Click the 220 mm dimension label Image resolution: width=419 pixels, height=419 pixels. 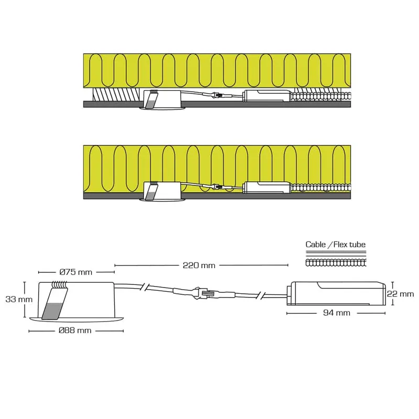click(x=199, y=266)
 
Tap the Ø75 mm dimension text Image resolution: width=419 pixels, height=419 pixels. click(x=75, y=272)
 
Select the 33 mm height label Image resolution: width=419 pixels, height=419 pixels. click(x=19, y=299)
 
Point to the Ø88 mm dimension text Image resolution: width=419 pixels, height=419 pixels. click(x=75, y=330)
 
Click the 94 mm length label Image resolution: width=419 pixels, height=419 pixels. click(x=337, y=313)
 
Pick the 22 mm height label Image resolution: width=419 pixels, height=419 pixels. click(x=400, y=294)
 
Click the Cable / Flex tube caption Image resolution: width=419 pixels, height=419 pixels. click(x=335, y=245)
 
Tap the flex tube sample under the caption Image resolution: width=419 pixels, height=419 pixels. click(x=336, y=263)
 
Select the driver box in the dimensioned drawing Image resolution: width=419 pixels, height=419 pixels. click(x=336, y=293)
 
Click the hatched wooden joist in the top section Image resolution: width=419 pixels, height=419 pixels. click(x=116, y=95)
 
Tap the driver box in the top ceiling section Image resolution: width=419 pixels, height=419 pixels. click(x=267, y=96)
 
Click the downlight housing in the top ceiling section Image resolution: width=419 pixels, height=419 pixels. click(x=162, y=100)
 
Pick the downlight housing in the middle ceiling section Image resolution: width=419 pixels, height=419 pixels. click(x=162, y=191)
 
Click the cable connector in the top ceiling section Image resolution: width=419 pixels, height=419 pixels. click(x=217, y=95)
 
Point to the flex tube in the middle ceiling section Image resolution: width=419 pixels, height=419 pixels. click(x=321, y=188)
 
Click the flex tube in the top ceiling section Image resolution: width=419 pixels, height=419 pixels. click(x=321, y=96)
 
